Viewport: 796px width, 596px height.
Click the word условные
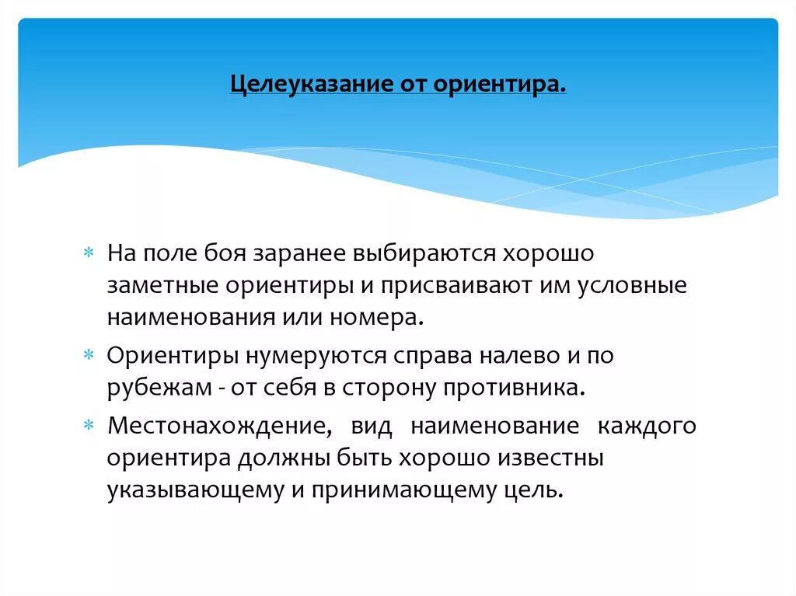coord(632,285)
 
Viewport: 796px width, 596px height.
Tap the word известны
coord(553,458)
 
